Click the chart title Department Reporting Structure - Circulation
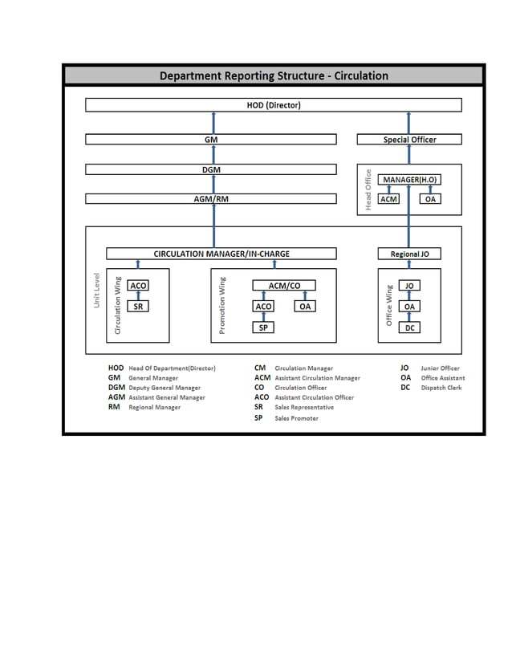tap(273, 76)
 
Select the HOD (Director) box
tap(273, 105)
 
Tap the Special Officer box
tap(409, 140)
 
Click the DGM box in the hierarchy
tap(210, 169)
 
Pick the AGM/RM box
tap(210, 199)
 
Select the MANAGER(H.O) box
tap(409, 179)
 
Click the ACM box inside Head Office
tap(389, 199)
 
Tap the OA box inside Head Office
tap(430, 199)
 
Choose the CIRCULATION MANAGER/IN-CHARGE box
tap(221, 254)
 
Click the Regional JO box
tap(409, 254)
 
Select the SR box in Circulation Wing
tap(138, 306)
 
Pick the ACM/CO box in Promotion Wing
tap(283, 285)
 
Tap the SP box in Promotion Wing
tap(263, 327)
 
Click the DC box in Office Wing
tap(409, 327)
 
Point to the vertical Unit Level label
tap(96, 291)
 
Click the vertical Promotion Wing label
tap(222, 305)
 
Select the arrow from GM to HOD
tap(213, 123)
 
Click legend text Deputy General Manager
tap(165, 388)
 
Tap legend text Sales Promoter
tap(296, 418)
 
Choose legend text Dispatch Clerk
tap(441, 388)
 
